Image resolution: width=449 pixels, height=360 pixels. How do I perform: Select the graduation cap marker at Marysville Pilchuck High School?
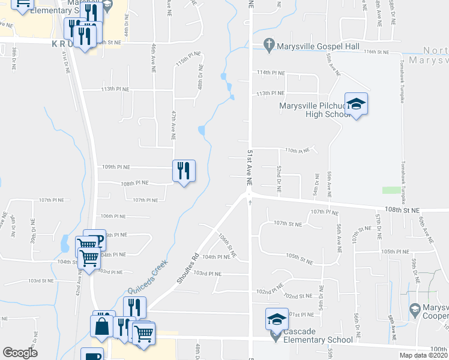(x=356, y=105)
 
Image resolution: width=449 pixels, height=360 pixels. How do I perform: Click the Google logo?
(x=20, y=353)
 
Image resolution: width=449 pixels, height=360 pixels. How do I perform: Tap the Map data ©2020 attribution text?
(x=423, y=355)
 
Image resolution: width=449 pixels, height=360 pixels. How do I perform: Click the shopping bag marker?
(x=101, y=326)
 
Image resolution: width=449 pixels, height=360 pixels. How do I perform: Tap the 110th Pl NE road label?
(x=298, y=150)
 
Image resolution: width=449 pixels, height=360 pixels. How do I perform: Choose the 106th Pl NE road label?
(x=113, y=216)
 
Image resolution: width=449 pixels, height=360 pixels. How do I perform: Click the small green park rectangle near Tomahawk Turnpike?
(x=391, y=190)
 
